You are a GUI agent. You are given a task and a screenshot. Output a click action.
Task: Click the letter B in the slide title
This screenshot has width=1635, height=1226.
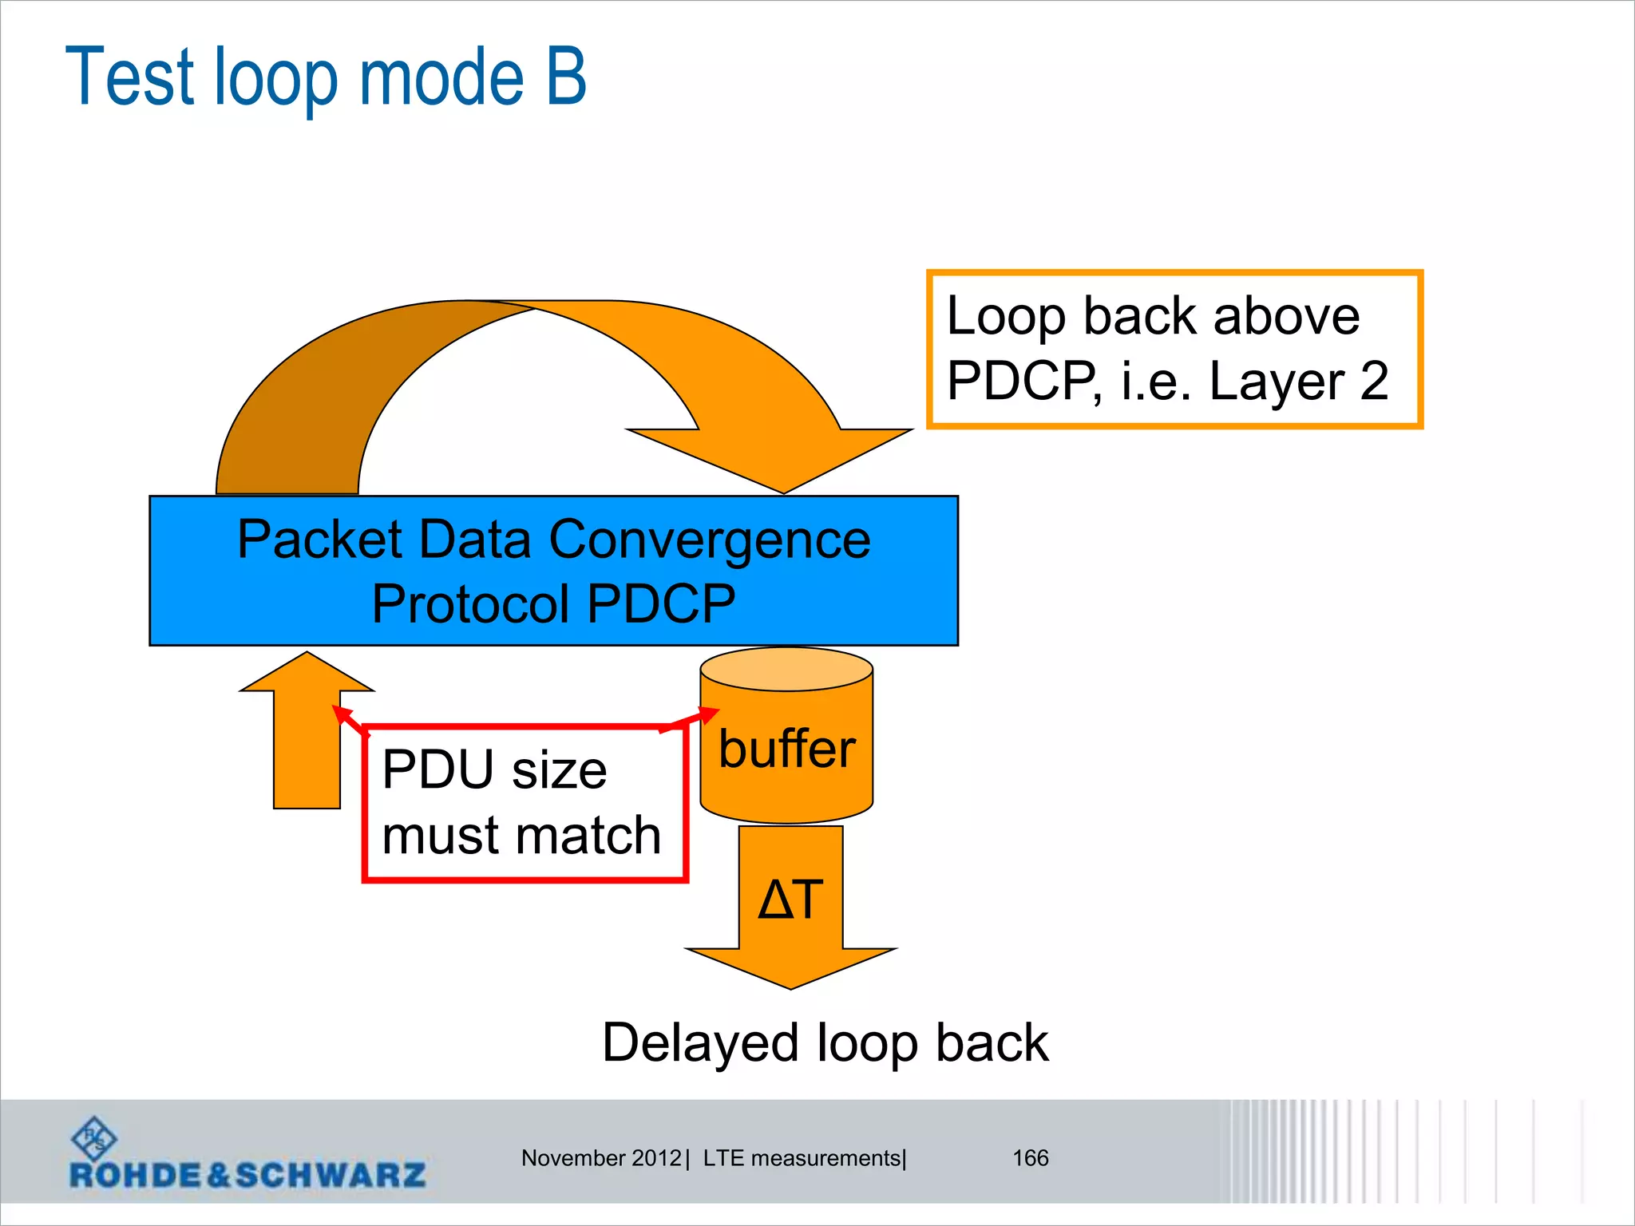565,77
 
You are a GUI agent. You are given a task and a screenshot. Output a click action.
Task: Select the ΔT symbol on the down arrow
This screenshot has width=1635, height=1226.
790,900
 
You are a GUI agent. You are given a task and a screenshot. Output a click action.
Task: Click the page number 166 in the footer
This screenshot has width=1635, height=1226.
1030,1158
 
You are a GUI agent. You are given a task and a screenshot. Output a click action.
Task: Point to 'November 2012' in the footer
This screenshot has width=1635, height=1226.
600,1158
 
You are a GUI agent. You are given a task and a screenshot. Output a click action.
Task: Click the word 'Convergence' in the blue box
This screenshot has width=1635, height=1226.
710,540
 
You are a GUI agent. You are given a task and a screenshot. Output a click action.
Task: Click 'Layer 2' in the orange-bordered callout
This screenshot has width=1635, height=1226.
1298,381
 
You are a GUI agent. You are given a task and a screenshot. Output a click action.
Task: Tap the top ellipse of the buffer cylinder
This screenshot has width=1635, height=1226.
786,669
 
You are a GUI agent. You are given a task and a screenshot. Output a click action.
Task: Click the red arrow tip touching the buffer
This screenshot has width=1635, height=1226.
710,713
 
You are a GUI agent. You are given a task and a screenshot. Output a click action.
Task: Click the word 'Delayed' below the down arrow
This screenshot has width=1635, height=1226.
699,1042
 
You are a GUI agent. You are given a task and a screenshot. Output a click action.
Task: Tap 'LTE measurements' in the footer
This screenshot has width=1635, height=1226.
802,1158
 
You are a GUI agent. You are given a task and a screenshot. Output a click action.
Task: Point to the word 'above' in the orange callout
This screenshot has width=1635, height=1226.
1285,316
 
